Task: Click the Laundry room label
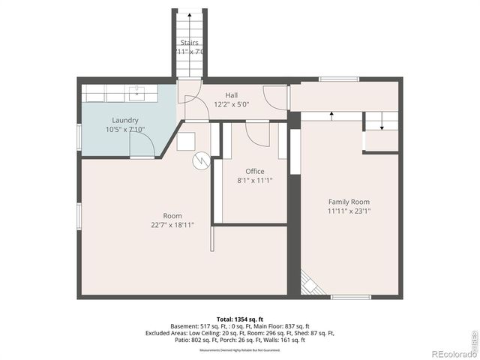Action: point(125,120)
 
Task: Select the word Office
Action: point(255,172)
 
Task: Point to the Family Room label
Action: point(349,202)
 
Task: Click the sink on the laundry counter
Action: point(137,93)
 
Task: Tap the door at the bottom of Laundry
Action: point(142,157)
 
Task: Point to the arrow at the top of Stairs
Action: point(190,15)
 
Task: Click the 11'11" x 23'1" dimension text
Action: point(349,211)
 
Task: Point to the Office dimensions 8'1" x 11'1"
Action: point(255,181)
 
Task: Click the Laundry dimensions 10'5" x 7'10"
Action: point(125,129)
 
